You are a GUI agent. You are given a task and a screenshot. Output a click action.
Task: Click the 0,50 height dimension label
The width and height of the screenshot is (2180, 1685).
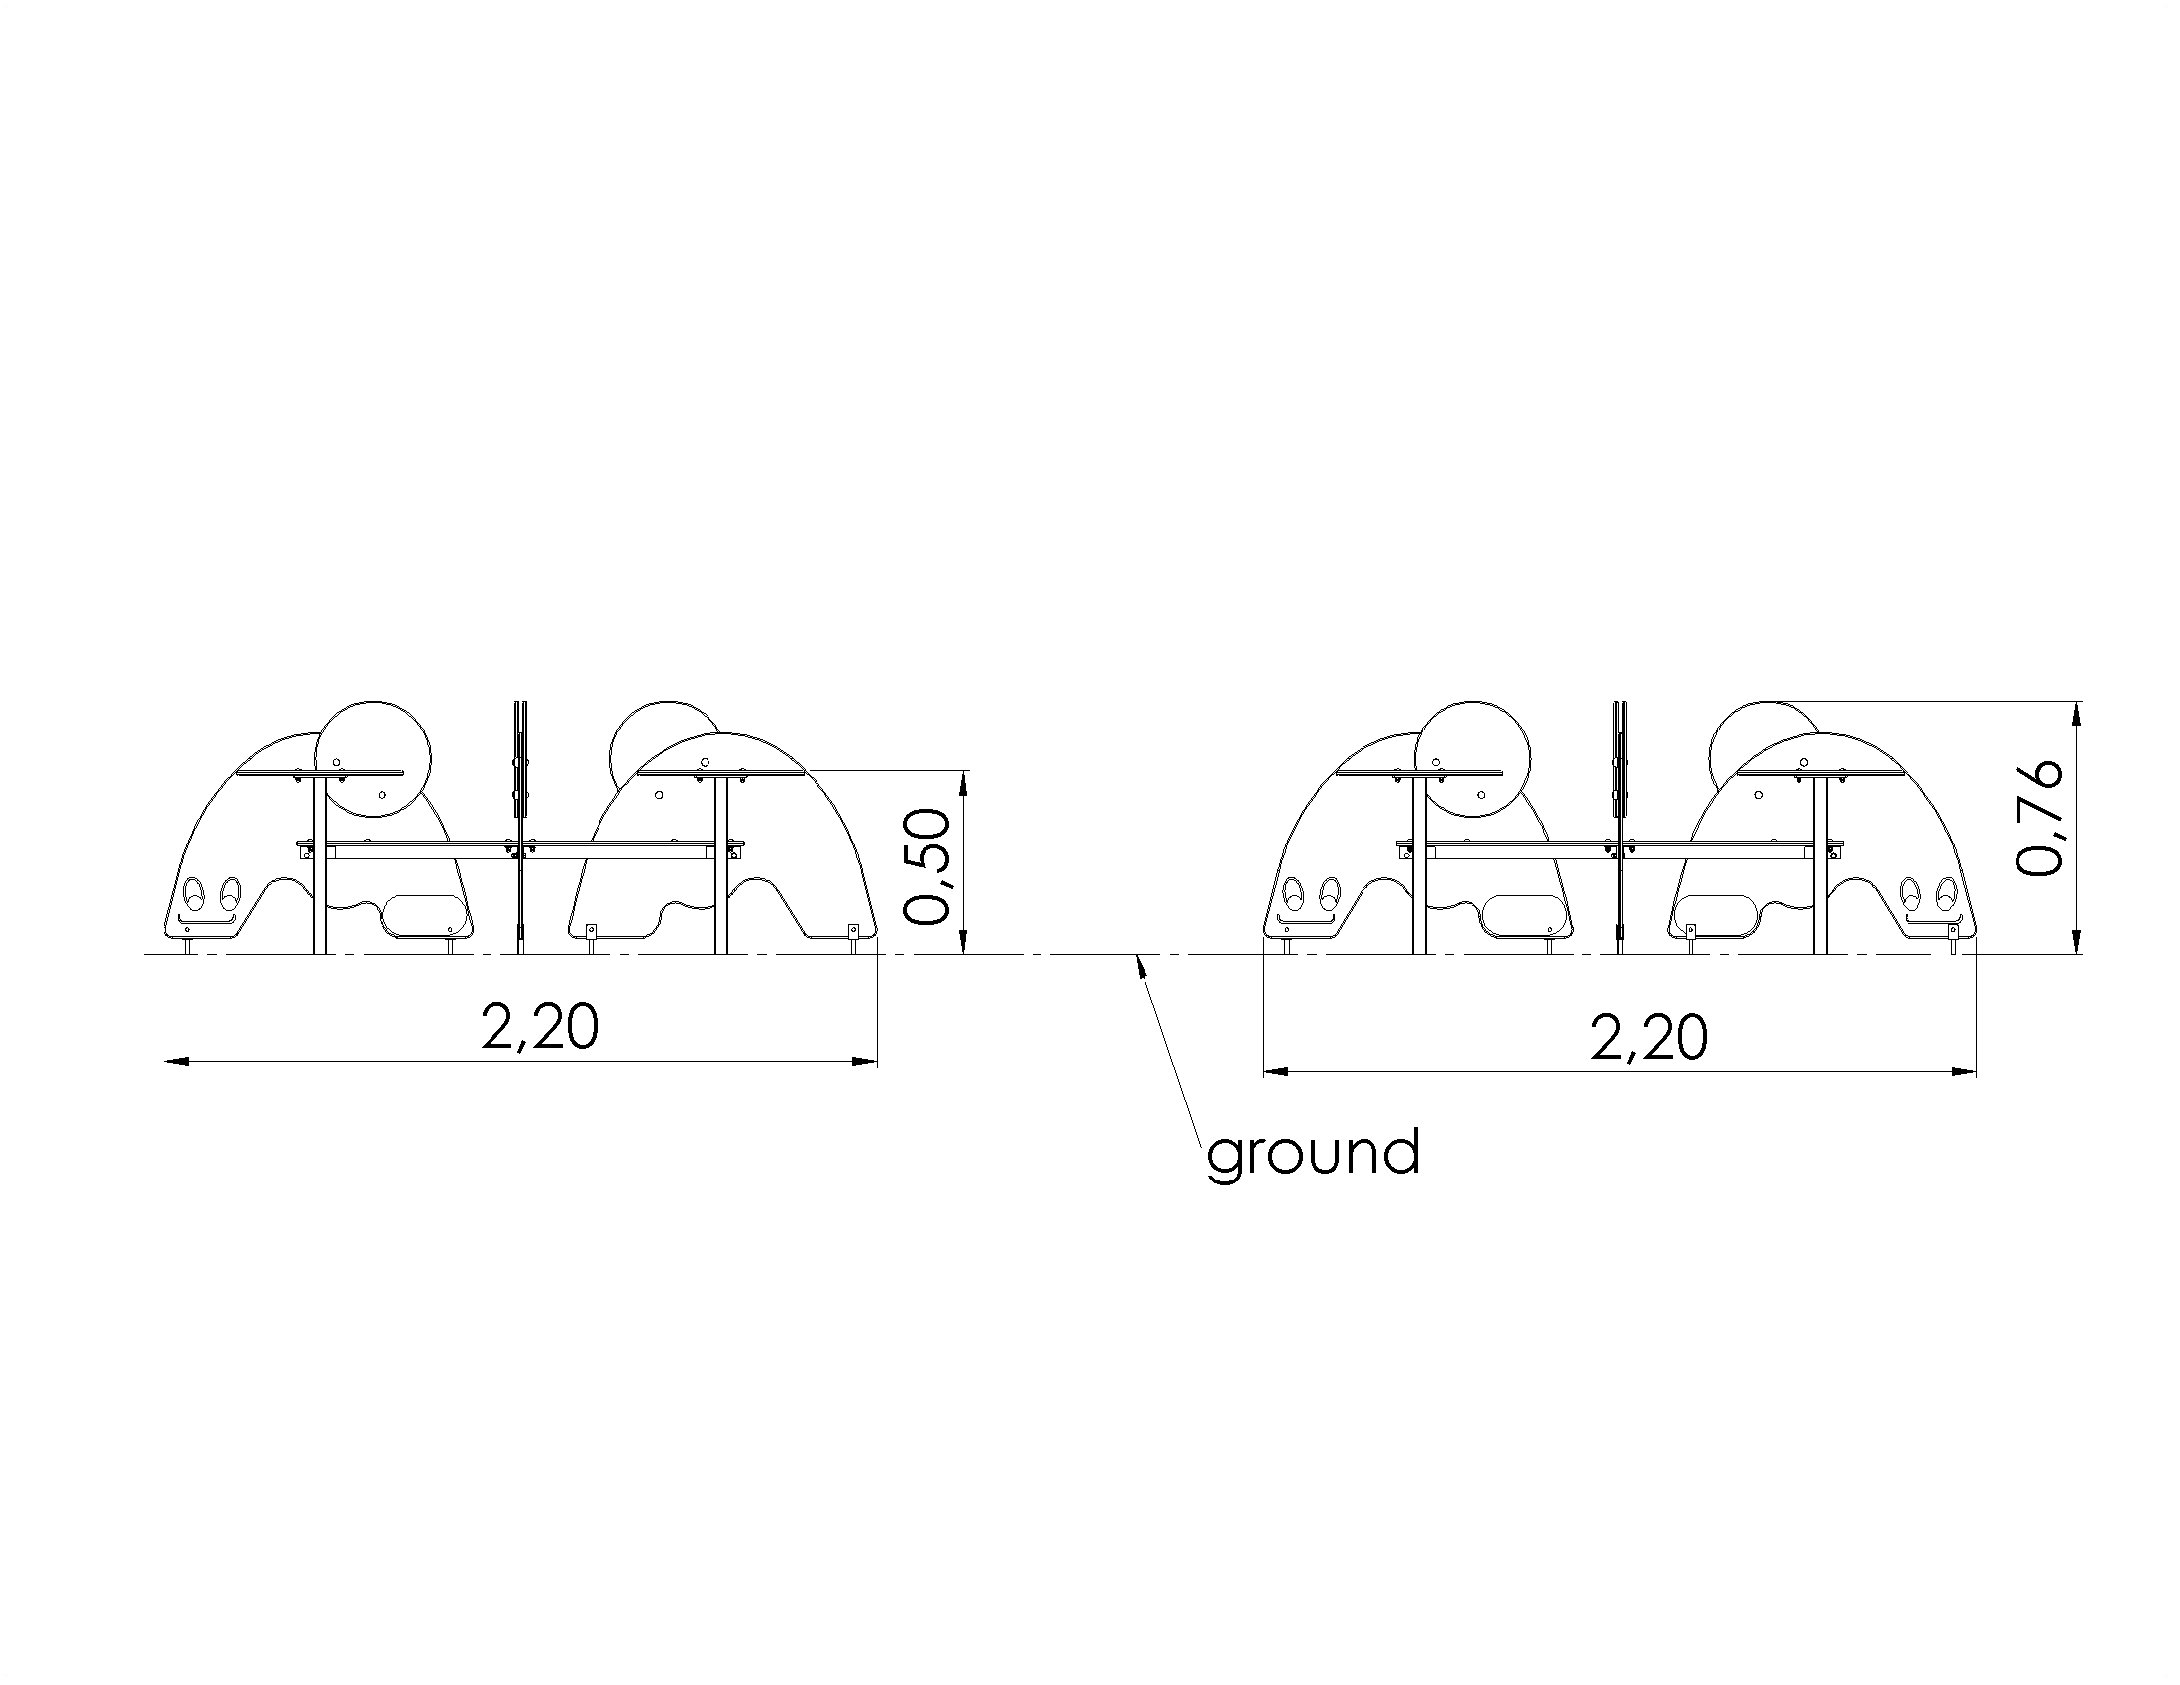pyautogui.click(x=926, y=865)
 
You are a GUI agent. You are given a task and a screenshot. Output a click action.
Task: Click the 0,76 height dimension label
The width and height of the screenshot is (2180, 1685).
pyautogui.click(x=2037, y=819)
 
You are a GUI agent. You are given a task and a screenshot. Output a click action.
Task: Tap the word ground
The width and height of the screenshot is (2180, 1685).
pyautogui.click(x=1313, y=1154)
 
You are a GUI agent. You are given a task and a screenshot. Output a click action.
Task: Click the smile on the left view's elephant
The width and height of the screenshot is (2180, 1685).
pyautogui.click(x=208, y=919)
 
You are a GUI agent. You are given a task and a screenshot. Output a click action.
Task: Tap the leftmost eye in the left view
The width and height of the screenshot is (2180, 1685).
pyautogui.click(x=193, y=891)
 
